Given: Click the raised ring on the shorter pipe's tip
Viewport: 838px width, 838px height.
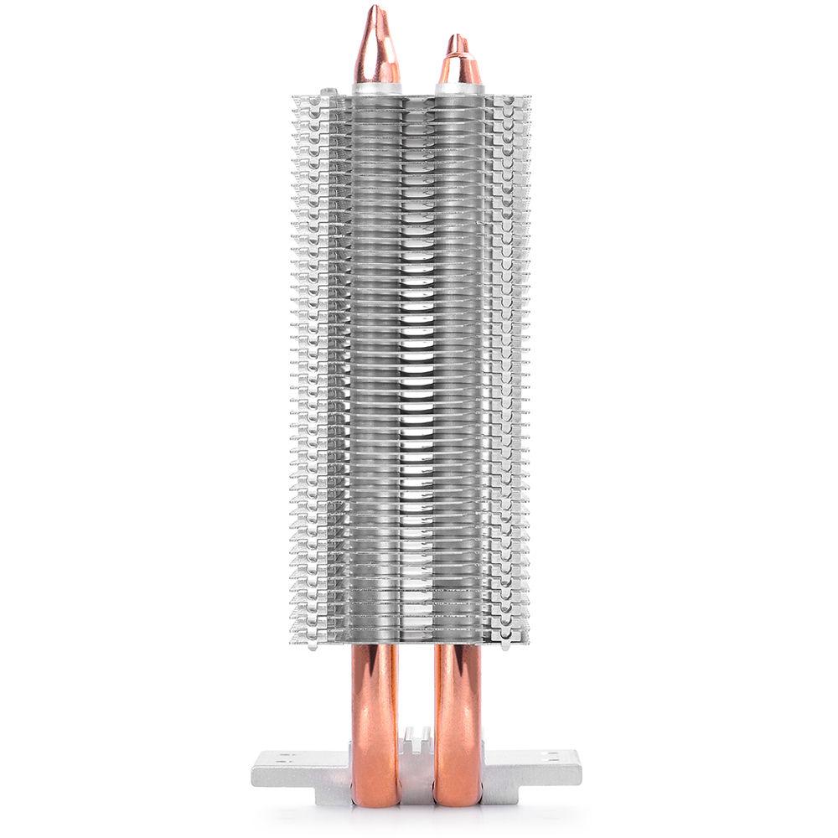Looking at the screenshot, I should (456, 57).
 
